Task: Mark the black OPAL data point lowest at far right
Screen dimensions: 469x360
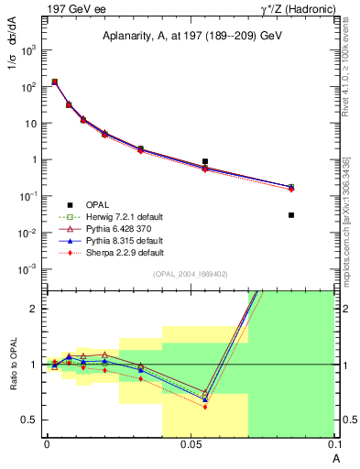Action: pos(291,215)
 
